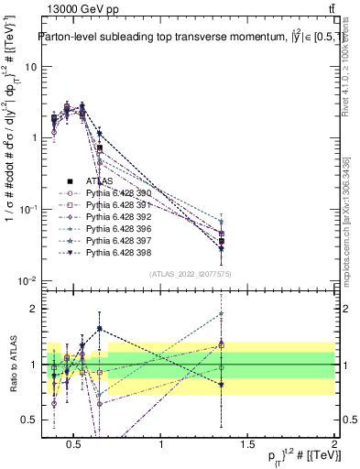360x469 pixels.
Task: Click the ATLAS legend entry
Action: [x=100, y=180]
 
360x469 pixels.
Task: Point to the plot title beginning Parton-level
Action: [x=188, y=38]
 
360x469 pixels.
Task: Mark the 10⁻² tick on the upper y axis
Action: [x=27, y=280]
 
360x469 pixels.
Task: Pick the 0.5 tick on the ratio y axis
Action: [x=29, y=420]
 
